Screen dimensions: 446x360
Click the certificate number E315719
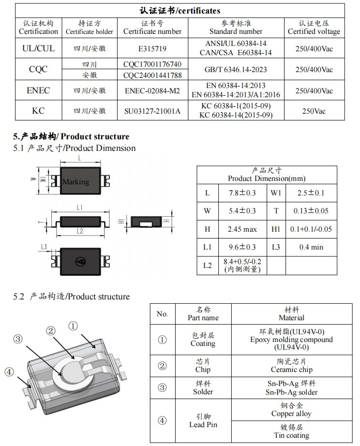pos(152,48)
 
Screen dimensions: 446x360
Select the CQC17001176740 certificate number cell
pos(152,64)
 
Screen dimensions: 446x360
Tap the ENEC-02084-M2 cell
pos(152,90)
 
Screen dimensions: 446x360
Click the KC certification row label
pos(38,111)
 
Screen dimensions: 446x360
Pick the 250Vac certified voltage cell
pos(314,111)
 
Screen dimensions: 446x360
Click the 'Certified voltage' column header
pos(314,28)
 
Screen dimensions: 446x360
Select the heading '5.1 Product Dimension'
pos(75,148)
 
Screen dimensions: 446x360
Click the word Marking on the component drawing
pos(76,182)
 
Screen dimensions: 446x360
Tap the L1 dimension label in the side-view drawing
pos(80,208)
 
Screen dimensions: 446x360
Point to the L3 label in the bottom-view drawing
pos(45,247)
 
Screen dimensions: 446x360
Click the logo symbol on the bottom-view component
pos(80,261)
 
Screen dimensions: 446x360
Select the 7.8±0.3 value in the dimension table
pos(242,193)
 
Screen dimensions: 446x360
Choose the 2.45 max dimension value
pos(242,229)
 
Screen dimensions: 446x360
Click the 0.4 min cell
pos(311,247)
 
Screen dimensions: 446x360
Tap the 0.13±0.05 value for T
pos(311,211)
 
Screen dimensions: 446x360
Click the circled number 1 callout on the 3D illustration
pos(73,326)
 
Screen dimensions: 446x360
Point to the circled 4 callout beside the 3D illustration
pos(9,372)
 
